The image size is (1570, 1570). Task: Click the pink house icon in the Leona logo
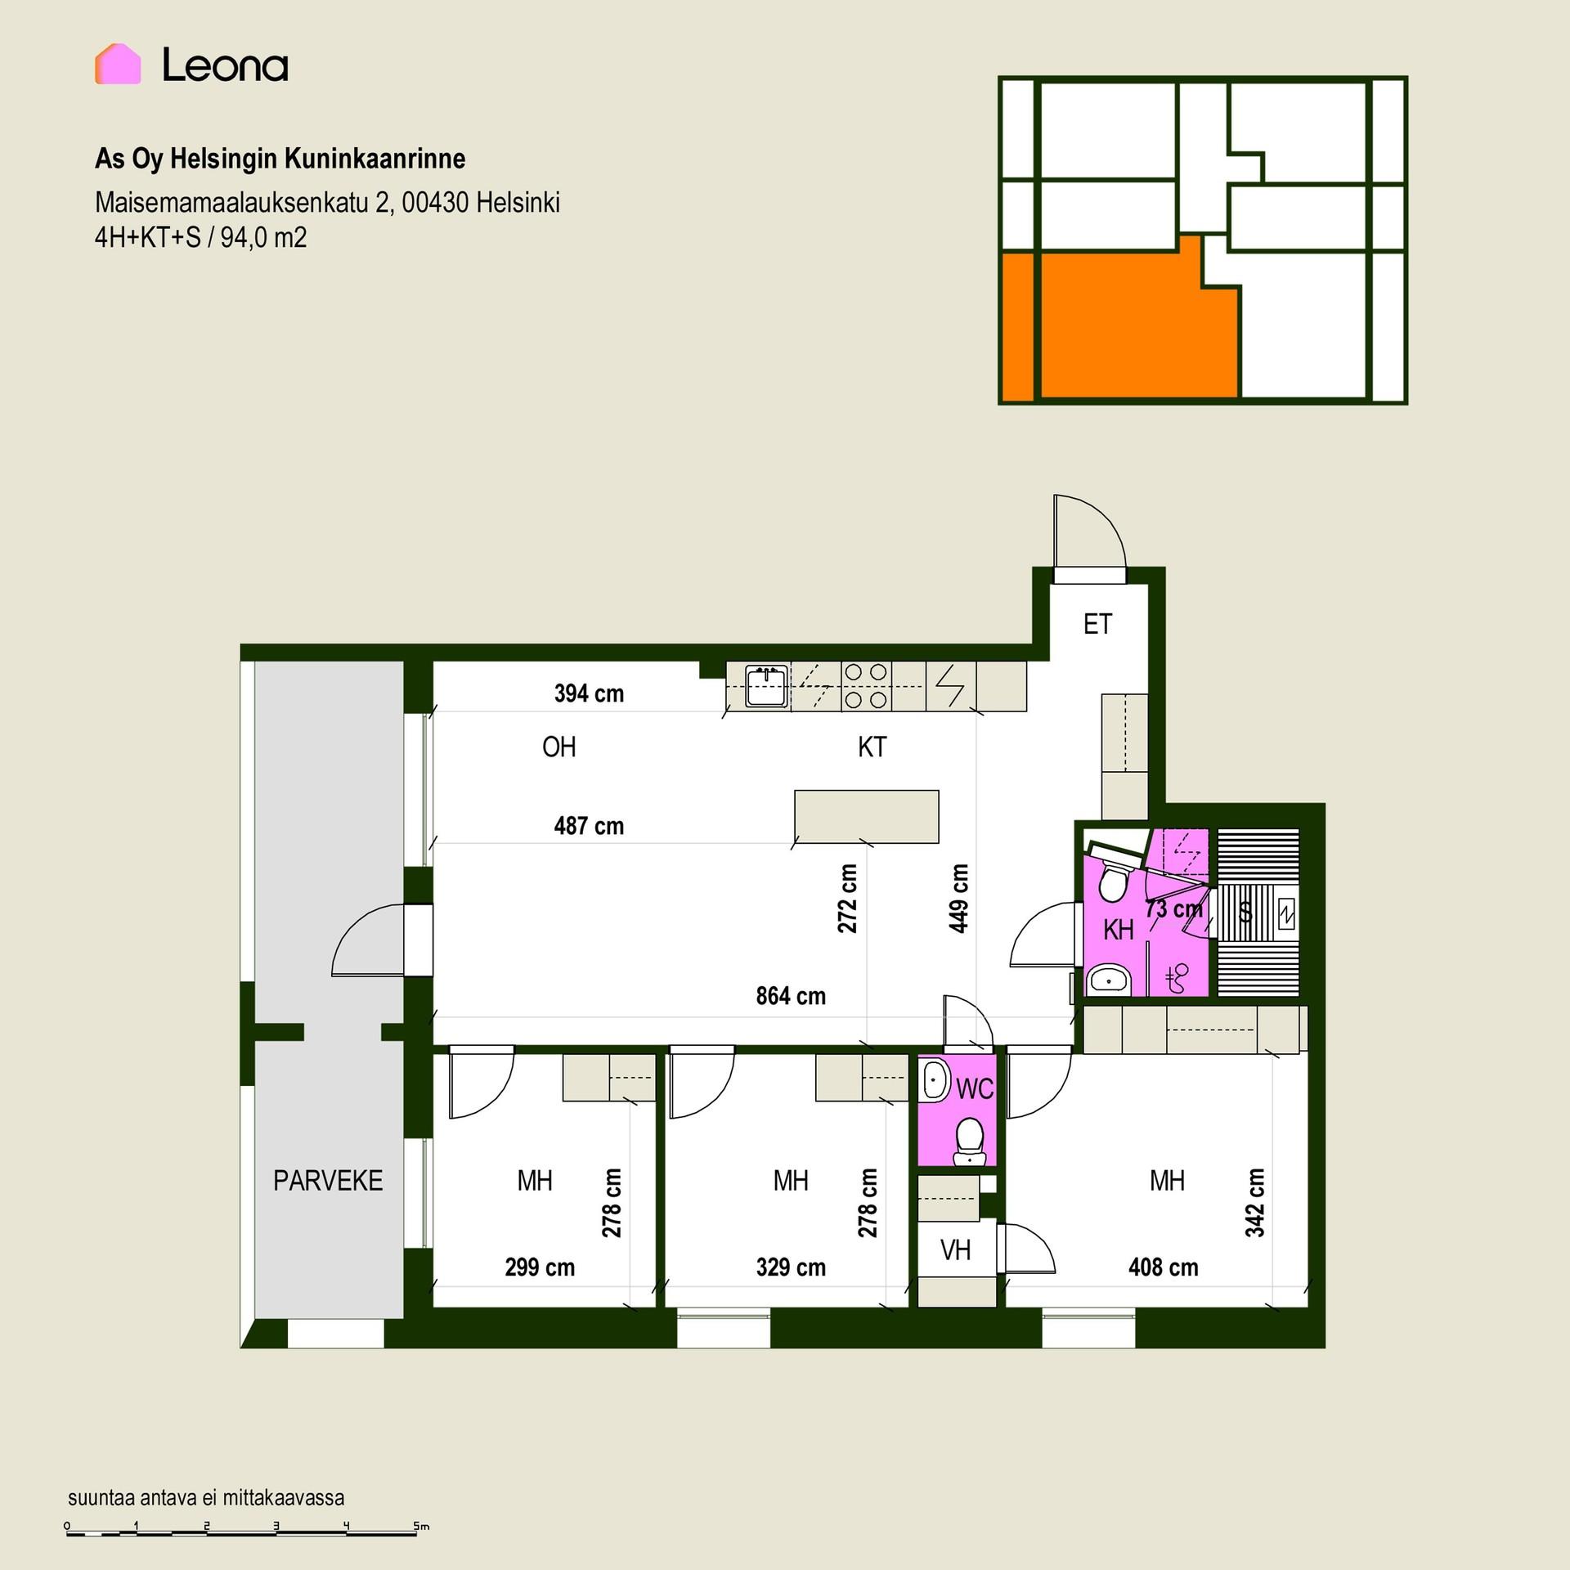coord(118,64)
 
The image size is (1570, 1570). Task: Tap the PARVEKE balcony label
coord(328,1181)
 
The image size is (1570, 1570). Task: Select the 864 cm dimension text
coord(791,996)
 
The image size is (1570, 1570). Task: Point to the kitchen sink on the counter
coord(767,686)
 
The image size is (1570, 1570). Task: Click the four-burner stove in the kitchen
coord(866,686)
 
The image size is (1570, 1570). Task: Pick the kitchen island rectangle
coord(867,816)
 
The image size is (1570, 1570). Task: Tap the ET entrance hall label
coord(1097,625)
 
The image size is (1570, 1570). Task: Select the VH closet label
coord(955,1250)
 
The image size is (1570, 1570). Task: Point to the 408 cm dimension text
coord(1163,1267)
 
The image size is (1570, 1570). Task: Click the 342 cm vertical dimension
coord(1255,1203)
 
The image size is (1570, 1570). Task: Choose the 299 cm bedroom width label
coord(540,1267)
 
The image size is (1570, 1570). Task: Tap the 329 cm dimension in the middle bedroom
coord(791,1267)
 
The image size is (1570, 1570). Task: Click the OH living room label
coord(559,747)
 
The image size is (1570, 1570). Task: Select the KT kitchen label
coord(872,747)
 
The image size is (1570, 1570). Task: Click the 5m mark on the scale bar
coord(420,1526)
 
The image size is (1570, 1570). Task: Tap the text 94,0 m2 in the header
coord(263,238)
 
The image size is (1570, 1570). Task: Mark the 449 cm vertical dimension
coord(959,898)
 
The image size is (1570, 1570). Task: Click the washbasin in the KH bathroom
coord(1108,978)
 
